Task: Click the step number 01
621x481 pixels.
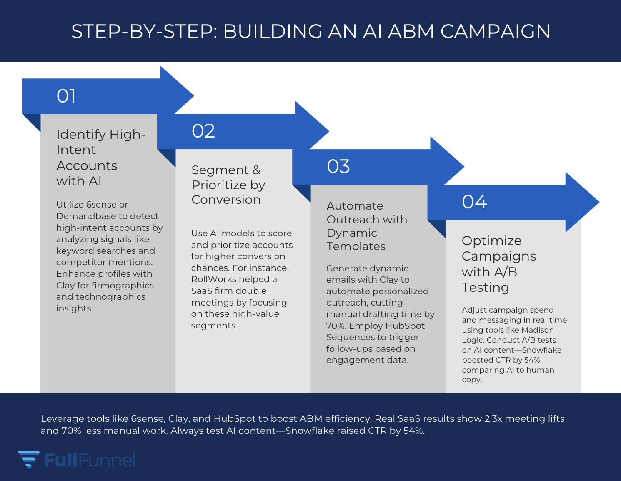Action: point(66,96)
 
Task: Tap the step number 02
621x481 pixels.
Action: point(203,131)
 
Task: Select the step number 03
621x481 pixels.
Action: point(338,167)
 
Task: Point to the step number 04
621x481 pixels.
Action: point(474,202)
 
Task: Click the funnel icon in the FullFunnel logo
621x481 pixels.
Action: point(28,459)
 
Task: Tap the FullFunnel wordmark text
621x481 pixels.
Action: point(89,460)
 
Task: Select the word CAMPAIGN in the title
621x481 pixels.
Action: point(495,31)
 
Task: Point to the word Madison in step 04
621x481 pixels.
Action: point(538,330)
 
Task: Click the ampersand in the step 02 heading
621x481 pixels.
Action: point(256,170)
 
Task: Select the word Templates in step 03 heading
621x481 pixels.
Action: point(356,246)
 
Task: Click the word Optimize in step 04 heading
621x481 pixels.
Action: point(491,241)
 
